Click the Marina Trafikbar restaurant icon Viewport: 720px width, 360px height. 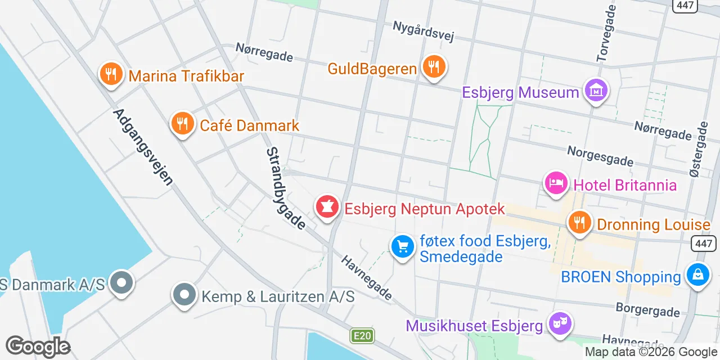(111, 74)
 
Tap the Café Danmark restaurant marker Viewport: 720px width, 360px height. (182, 124)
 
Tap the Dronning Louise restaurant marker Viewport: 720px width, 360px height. (579, 223)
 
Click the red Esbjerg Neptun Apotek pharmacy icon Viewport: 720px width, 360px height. (327, 208)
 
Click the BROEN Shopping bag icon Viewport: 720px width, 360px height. (698, 276)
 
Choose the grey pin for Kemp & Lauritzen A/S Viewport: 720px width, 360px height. (184, 295)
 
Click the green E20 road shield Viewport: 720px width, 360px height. (362, 336)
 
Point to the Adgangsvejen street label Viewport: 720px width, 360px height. (143, 147)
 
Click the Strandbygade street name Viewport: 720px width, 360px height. (286, 188)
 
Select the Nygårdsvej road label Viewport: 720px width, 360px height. (423, 31)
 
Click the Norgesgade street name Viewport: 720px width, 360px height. (600, 156)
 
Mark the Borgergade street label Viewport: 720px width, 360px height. (647, 309)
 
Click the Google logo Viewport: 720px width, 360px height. (38, 346)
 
